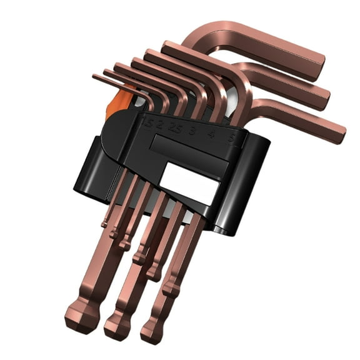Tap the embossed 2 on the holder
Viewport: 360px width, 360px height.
160,126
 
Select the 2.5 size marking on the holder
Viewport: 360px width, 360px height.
174,130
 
